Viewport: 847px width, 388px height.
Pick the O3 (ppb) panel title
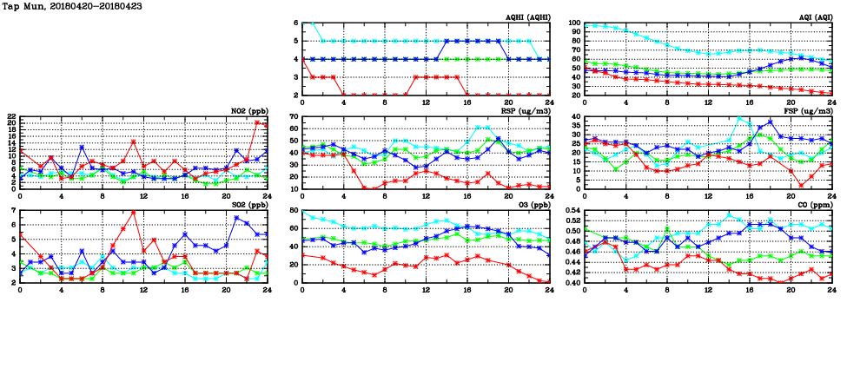click(x=532, y=206)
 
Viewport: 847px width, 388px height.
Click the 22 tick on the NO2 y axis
click(x=10, y=116)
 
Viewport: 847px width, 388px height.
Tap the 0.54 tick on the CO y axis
click(x=572, y=210)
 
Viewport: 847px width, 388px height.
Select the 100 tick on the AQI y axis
click(x=573, y=23)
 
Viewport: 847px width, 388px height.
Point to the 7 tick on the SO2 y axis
click(x=13, y=210)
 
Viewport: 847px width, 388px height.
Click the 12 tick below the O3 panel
click(x=426, y=289)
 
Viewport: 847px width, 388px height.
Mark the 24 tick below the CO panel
click(x=831, y=289)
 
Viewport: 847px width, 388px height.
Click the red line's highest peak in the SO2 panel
click(x=134, y=212)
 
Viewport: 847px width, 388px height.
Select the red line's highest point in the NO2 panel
click(x=257, y=122)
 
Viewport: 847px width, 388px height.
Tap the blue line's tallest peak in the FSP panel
click(x=770, y=122)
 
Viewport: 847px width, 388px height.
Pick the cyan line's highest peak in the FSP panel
click(x=739, y=118)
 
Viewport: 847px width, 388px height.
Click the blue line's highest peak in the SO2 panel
click(x=236, y=217)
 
